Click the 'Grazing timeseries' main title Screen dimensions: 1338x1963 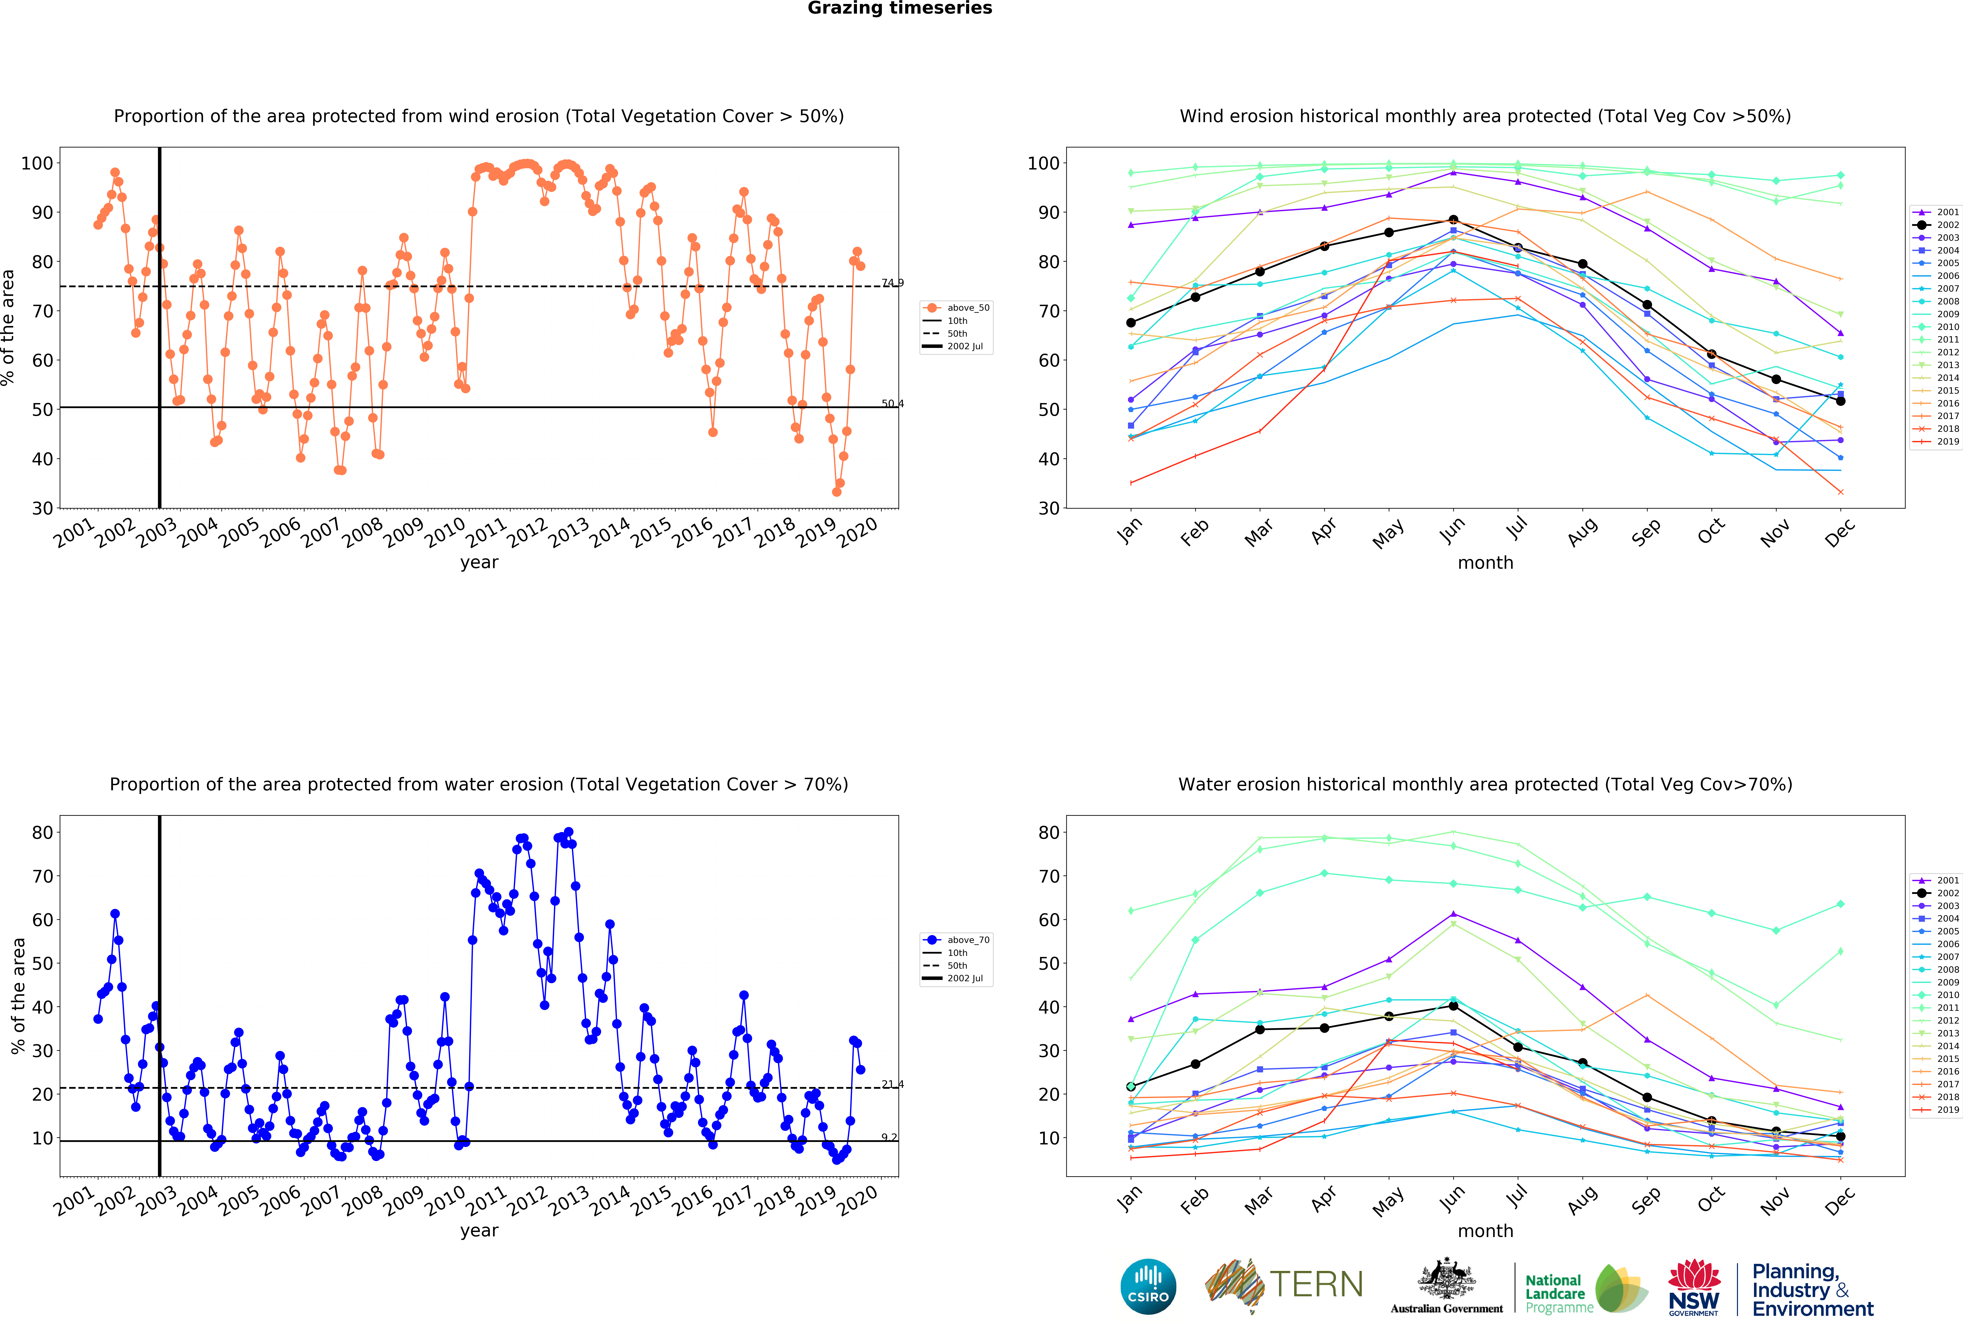[900, 8]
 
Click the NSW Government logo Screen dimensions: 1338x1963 [1693, 1287]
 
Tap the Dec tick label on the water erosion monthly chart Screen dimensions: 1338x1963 [1840, 1200]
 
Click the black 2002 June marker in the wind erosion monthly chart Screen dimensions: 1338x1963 [1453, 220]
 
